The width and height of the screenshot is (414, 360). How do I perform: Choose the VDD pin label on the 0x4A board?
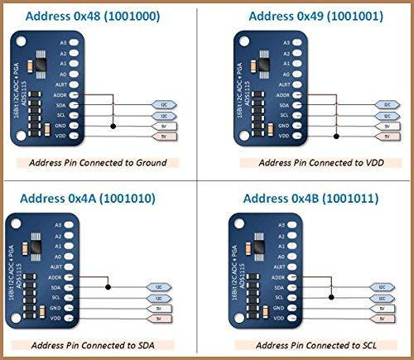point(57,318)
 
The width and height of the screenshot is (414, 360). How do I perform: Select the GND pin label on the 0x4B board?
point(284,307)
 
